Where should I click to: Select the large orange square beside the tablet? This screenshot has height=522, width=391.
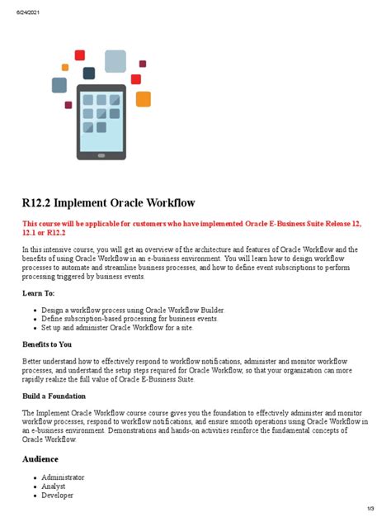(144, 99)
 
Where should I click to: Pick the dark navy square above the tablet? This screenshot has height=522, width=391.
(89, 74)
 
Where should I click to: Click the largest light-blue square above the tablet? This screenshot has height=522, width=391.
(115, 60)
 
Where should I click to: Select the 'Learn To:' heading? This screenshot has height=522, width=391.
(39, 293)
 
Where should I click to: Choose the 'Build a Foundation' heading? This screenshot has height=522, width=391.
(54, 396)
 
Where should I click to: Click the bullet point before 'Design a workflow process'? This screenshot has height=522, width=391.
(35, 311)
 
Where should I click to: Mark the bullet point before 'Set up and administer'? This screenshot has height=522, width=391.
(35, 328)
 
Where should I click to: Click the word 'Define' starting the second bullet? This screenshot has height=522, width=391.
(52, 319)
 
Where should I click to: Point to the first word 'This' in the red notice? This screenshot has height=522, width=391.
(30, 224)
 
